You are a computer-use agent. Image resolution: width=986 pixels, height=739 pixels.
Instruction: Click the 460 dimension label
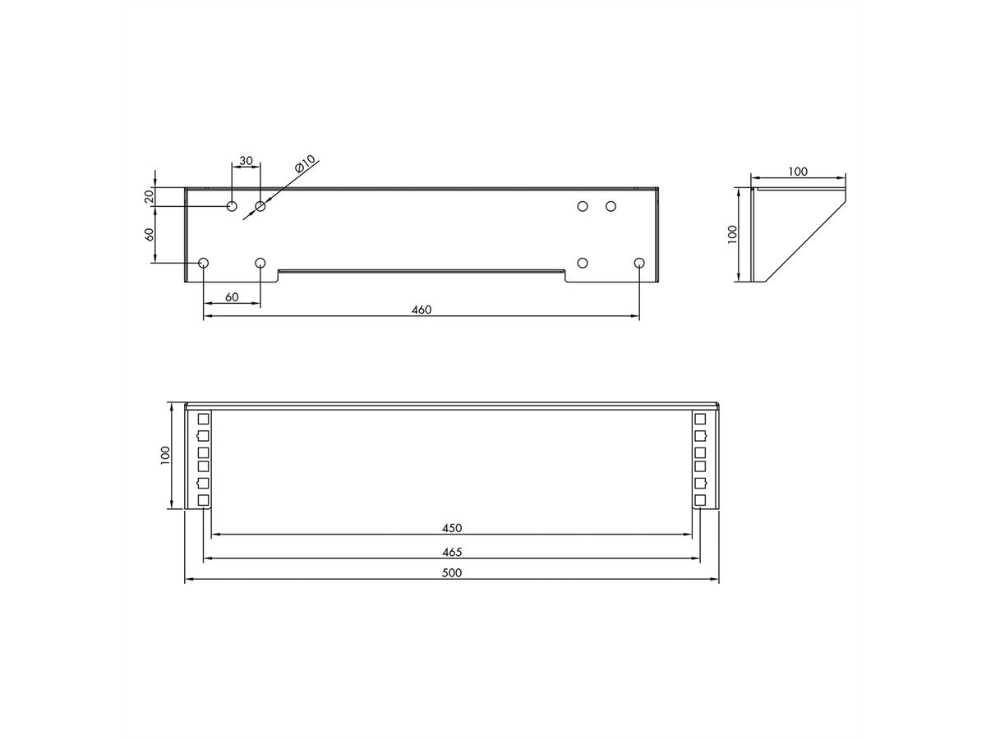coord(421,310)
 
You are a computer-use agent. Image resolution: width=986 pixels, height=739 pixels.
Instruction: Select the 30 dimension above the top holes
coord(246,160)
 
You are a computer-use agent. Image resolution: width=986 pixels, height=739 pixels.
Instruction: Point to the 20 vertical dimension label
coord(149,196)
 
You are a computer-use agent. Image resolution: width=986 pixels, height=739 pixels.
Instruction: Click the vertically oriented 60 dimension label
coord(149,234)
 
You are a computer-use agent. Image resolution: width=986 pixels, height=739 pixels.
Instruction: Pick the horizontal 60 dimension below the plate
coord(231,297)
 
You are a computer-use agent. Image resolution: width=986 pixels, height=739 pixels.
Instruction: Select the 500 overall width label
coord(451,573)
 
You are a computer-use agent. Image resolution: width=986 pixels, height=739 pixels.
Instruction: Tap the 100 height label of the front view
coord(165,456)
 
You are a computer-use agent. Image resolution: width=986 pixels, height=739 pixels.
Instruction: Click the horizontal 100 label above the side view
coord(797,172)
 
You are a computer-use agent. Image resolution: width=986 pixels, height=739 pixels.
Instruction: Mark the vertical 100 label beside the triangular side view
coord(733,234)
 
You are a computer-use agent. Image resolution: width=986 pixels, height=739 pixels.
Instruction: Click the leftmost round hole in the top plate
coord(204,263)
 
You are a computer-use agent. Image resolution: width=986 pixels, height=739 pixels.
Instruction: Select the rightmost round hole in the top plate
coord(639,263)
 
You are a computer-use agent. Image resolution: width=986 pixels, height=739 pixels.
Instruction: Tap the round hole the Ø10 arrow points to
coord(260,206)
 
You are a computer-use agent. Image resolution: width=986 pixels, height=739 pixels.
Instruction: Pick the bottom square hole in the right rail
coord(700,500)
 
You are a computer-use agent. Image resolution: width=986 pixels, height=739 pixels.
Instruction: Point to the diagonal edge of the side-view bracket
coord(805,238)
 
